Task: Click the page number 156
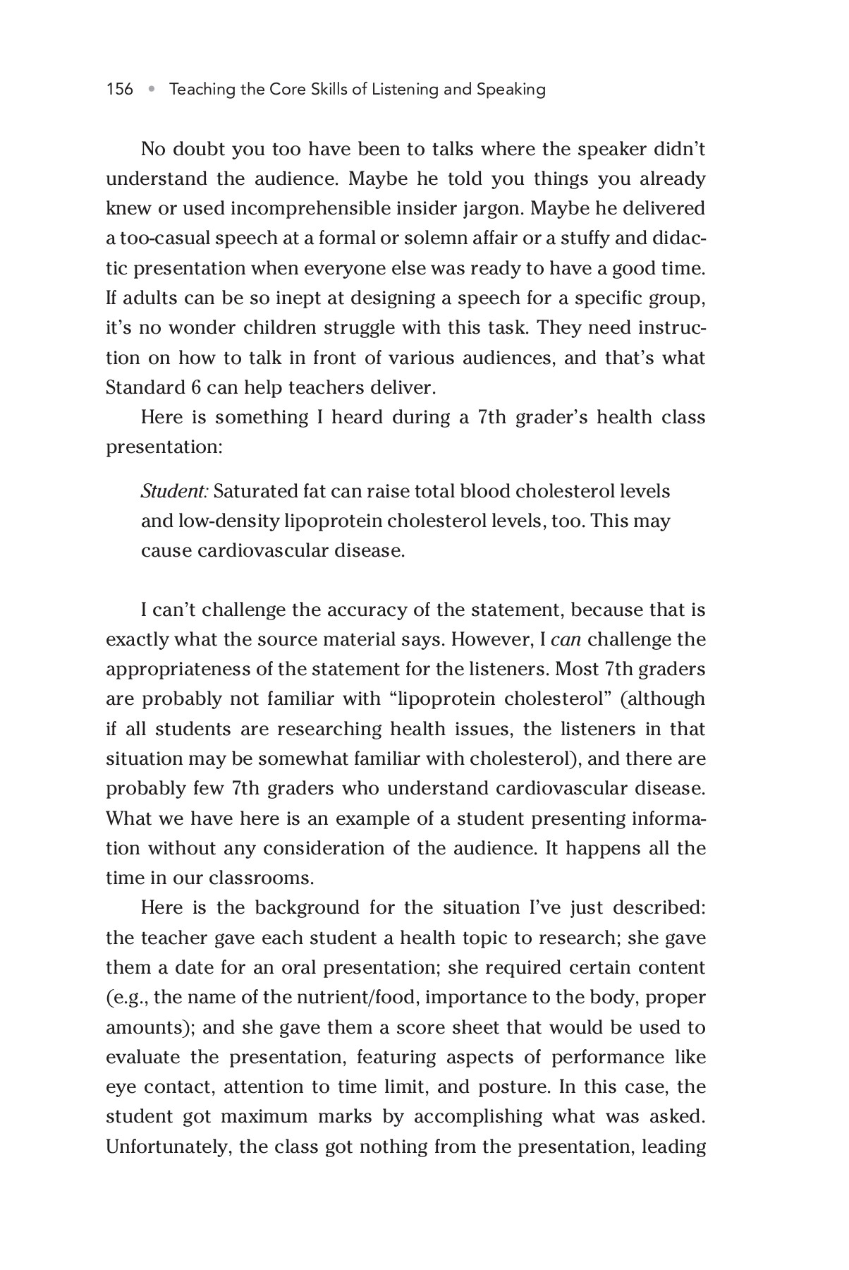119,90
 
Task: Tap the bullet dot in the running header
151,90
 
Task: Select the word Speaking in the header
511,90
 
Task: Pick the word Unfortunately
169,1147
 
